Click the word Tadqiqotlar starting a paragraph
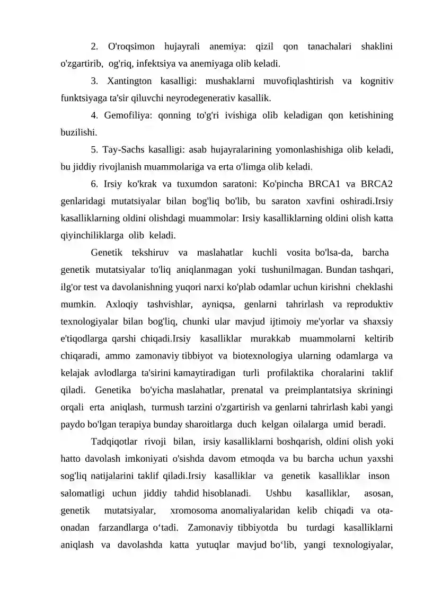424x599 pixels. tap(113, 441)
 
